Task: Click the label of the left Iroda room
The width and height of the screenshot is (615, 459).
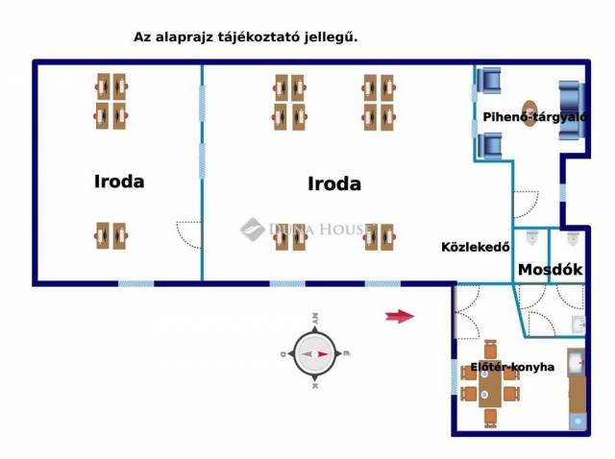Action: [119, 181]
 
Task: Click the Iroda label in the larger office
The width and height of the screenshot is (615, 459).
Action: [334, 183]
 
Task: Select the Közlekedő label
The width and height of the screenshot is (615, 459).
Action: [475, 246]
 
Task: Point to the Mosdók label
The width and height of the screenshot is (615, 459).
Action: [551, 270]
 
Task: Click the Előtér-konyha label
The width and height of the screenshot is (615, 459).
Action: [512, 367]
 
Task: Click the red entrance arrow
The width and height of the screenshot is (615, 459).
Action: [399, 316]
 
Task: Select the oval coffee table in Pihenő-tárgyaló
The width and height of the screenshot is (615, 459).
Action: [530, 111]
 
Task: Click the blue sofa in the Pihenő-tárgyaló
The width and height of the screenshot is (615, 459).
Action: [573, 110]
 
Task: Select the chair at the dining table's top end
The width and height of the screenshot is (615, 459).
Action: [490, 350]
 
